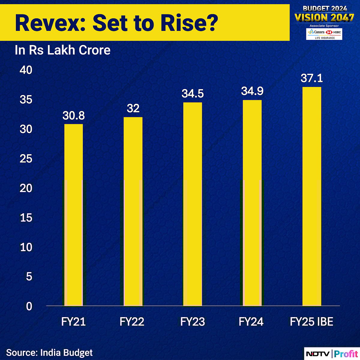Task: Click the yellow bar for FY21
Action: point(73,214)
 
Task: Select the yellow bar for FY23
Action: point(192,204)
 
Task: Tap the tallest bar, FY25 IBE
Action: point(312,196)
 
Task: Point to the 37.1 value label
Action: point(312,78)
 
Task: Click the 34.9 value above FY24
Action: point(252,91)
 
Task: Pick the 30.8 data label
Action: point(73,115)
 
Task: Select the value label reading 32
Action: point(133,108)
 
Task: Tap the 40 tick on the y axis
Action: point(25,70)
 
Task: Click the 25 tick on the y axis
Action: point(25,159)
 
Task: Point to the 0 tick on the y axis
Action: point(29,306)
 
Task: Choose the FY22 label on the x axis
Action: point(132,322)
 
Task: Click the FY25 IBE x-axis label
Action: point(311,322)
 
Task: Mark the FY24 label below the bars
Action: point(251,322)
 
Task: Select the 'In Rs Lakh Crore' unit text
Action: point(62,50)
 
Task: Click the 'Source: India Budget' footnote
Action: point(49,352)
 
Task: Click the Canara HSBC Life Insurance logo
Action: point(324,34)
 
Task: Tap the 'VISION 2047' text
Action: point(324,17)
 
